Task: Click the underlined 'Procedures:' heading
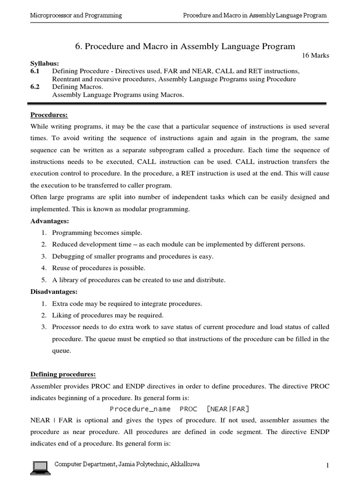coord(49,114)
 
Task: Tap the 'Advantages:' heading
coord(50,221)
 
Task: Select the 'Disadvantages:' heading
coord(54,292)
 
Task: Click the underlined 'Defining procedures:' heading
coord(63,374)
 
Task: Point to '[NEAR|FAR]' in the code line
coord(228,409)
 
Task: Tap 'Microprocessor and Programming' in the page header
coord(76,15)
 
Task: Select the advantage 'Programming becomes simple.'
coord(97,233)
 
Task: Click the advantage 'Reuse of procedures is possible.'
coord(99,268)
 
